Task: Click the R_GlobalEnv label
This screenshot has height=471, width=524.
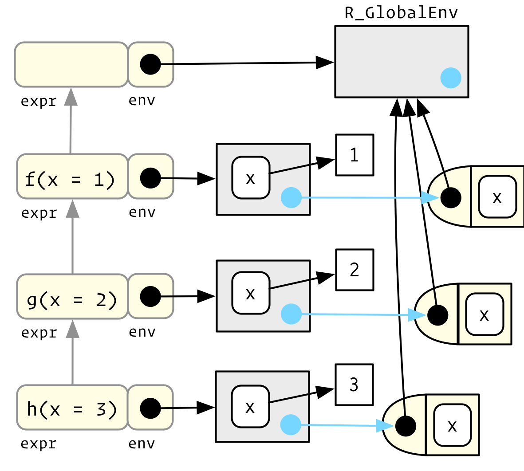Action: [401, 13]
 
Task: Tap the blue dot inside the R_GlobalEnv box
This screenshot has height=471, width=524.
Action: [451, 78]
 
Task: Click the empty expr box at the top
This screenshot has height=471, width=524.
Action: [71, 64]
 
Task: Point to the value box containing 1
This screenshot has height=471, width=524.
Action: [355, 155]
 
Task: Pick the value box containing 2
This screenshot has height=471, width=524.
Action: [355, 270]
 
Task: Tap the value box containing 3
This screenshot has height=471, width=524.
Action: [354, 385]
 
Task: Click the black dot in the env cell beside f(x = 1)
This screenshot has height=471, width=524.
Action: [150, 178]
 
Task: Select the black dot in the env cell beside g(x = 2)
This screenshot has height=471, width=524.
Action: [150, 297]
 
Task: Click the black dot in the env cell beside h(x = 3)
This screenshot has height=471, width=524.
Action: [150, 408]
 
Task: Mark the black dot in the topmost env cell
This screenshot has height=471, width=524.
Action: [150, 64]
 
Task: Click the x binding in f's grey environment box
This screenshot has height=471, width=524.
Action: [251, 177]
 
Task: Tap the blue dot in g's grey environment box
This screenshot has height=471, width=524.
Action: [291, 314]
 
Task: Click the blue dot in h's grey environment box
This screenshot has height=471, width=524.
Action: [291, 425]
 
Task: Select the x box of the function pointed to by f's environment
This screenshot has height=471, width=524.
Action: [497, 197]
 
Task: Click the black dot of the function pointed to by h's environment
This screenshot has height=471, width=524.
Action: [405, 426]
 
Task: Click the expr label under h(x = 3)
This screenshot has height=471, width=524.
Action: [39, 444]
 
